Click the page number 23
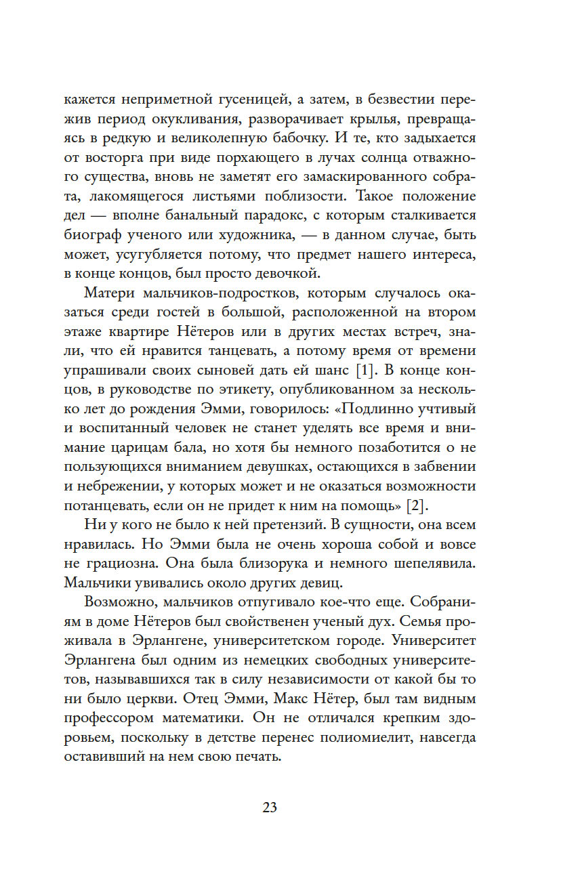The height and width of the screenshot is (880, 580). (269, 808)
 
